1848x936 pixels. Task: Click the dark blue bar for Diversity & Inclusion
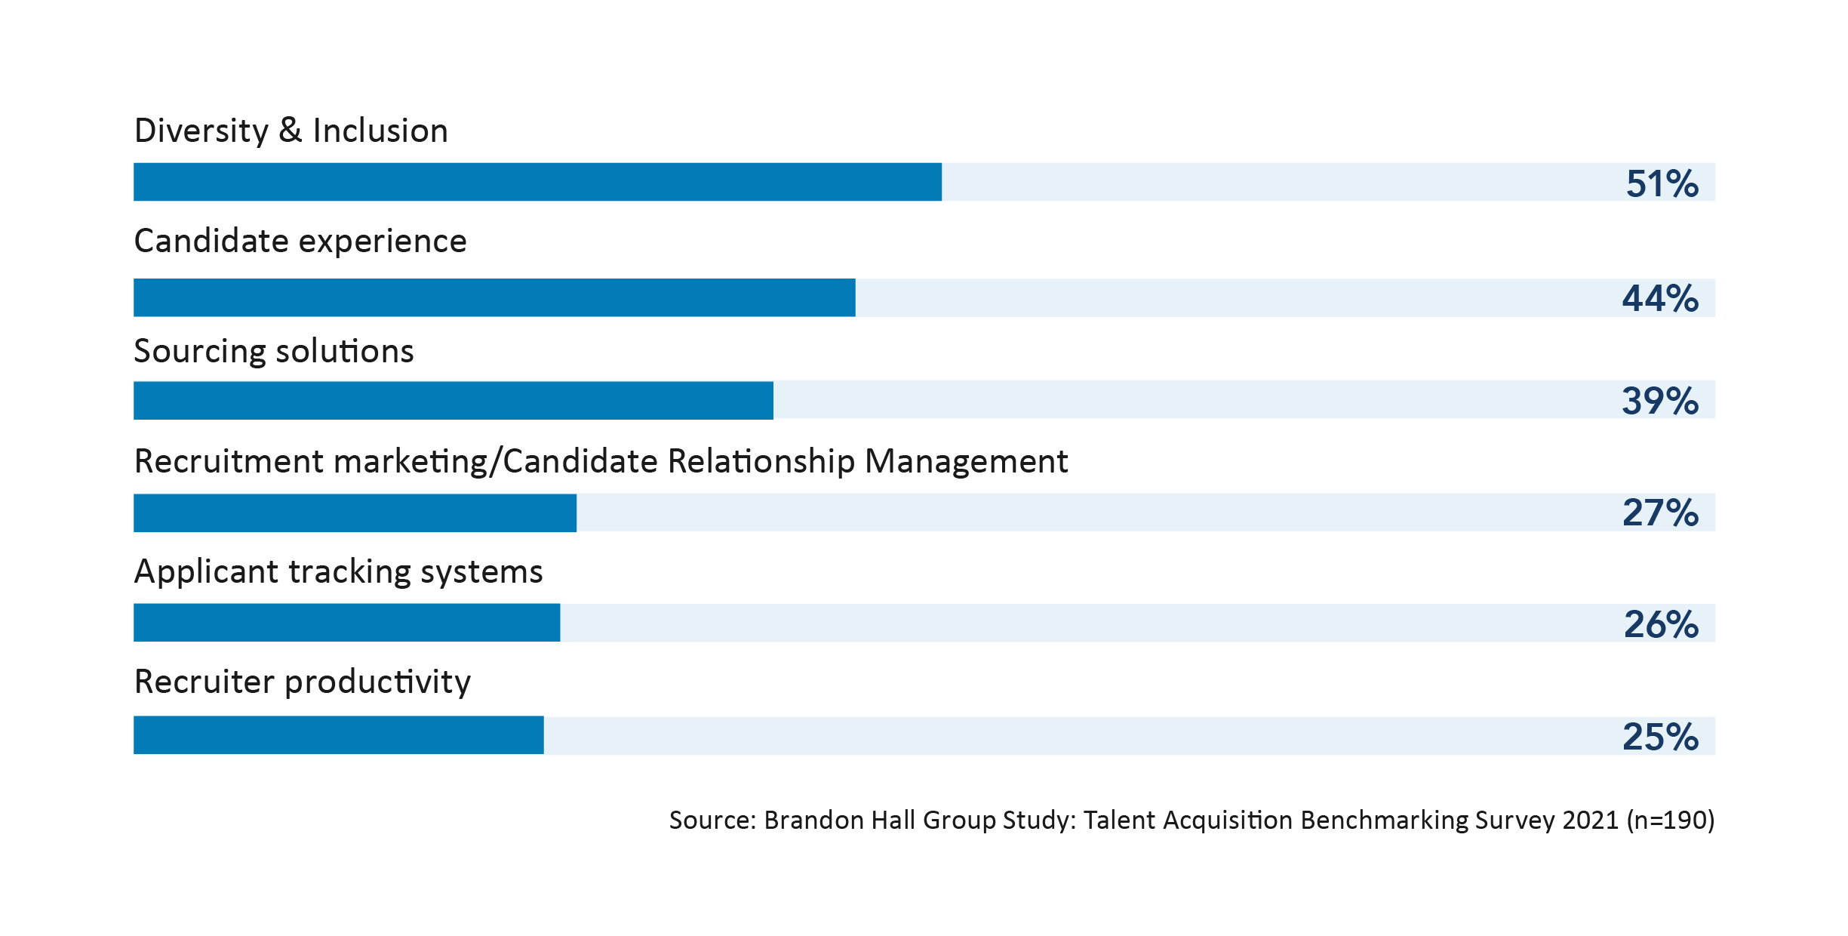537,182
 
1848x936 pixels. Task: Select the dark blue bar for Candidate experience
494,297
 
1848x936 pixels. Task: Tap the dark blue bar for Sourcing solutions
453,400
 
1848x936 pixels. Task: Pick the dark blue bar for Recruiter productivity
338,735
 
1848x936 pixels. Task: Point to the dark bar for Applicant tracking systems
346,623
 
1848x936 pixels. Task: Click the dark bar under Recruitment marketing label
355,513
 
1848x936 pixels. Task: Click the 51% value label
1662,183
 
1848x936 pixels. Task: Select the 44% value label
1660,298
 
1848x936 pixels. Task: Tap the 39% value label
1660,401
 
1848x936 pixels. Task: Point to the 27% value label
1660,513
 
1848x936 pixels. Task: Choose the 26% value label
1661,624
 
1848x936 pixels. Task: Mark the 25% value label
1660,737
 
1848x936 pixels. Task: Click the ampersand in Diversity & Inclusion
291,131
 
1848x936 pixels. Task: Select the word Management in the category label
966,461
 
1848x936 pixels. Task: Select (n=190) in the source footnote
1671,820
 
